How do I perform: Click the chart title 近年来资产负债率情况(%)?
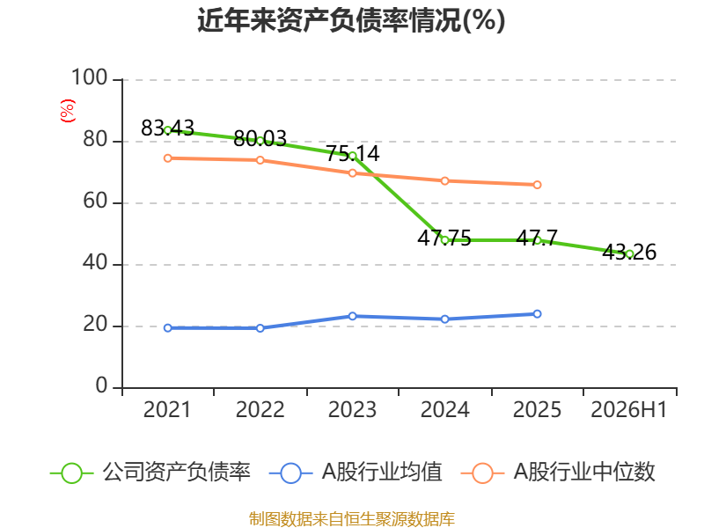tap(351, 20)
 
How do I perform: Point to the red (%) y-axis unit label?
tap(68, 111)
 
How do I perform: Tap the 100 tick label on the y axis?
tap(90, 77)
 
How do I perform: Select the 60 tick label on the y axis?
tap(95, 201)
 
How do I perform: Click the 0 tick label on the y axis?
tap(102, 385)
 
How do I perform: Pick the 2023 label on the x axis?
tap(353, 409)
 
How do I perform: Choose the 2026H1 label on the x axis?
tap(629, 409)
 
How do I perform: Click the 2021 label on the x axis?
tap(167, 409)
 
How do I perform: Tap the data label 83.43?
tap(167, 128)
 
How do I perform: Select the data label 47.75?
tap(444, 238)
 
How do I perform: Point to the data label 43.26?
tap(629, 252)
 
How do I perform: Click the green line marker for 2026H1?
tap(629, 254)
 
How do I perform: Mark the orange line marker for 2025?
tap(537, 185)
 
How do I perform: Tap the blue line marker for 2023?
tap(353, 316)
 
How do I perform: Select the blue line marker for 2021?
tap(168, 328)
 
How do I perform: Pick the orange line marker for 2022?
tap(260, 160)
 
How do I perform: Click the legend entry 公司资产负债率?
tap(150, 473)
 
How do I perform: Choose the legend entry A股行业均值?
tap(356, 473)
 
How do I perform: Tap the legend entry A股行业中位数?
tap(558, 473)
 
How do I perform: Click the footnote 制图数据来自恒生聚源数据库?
tap(352, 519)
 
